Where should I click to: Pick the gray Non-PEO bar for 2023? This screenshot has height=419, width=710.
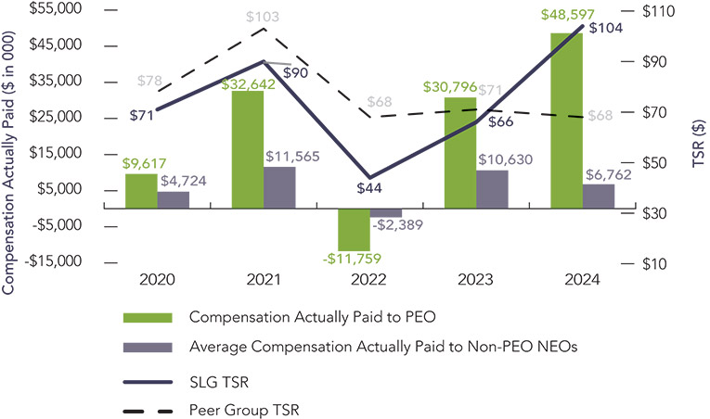(x=492, y=189)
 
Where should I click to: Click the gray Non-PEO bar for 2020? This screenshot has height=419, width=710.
(x=173, y=199)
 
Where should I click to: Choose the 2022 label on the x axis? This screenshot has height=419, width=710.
(x=369, y=279)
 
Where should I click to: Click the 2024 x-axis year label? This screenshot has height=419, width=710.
(x=582, y=279)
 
